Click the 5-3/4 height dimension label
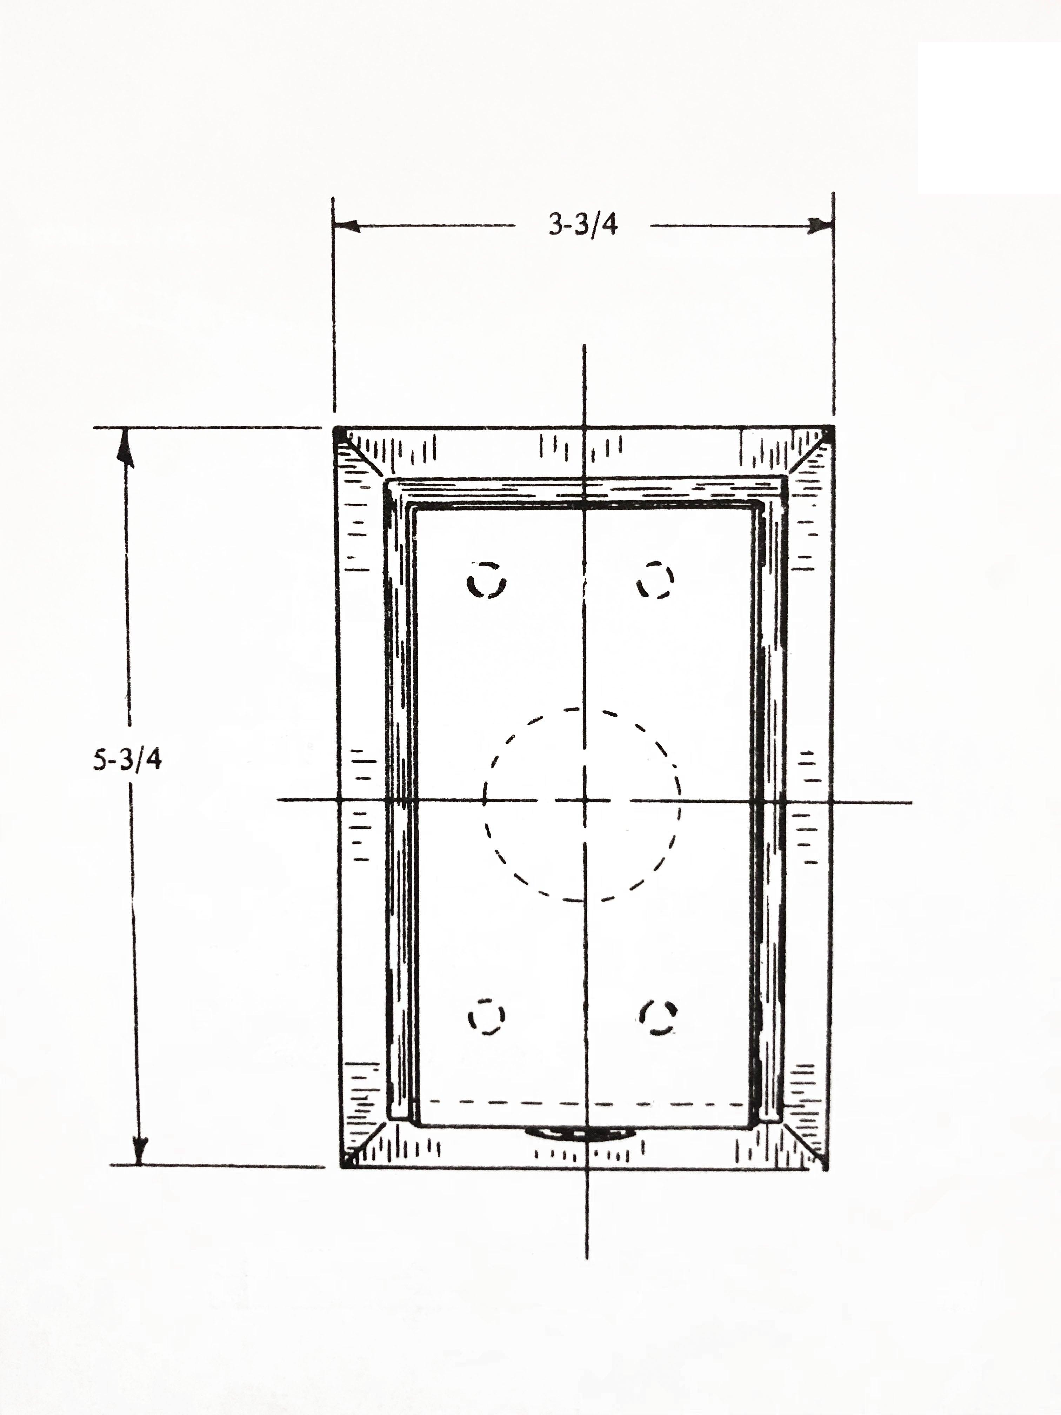tap(127, 759)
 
